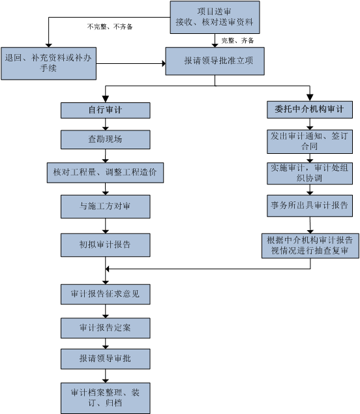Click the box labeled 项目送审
tap(215, 17)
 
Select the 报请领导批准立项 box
tap(215, 61)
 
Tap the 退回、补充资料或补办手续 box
tap(49, 63)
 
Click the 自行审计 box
tap(106, 110)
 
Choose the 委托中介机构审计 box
tap(310, 110)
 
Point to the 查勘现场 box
tap(106, 140)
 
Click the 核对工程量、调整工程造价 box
tap(105, 173)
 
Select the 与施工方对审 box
tap(106, 207)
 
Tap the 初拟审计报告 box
tap(106, 244)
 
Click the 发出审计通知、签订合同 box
tap(310, 141)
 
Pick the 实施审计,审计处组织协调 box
tap(310, 173)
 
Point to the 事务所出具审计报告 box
tap(310, 205)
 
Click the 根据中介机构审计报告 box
tap(310, 246)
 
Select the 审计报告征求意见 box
tap(106, 294)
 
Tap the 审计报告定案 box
tap(106, 328)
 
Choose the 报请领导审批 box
tap(106, 359)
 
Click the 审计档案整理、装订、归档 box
tap(106, 398)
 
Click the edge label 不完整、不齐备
tap(110, 27)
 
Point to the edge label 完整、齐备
tap(237, 40)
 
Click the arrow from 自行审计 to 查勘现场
tap(106, 124)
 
